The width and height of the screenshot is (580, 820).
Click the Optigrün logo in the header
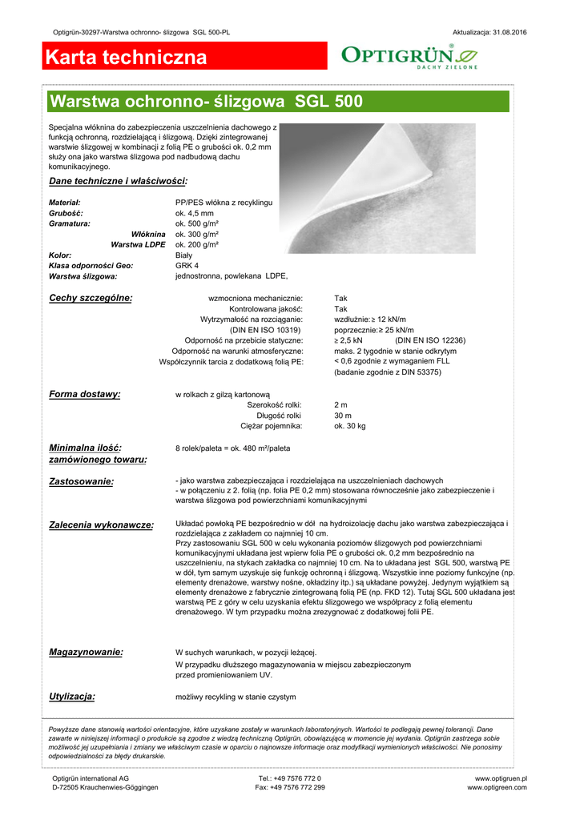click(x=409, y=55)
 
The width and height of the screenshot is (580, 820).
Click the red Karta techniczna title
click(x=127, y=58)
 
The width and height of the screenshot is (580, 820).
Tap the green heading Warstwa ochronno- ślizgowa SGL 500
click(x=206, y=102)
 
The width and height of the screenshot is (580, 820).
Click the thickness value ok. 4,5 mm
click(x=195, y=214)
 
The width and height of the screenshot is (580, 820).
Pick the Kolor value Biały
click(x=183, y=255)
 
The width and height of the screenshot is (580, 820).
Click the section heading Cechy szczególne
click(x=91, y=298)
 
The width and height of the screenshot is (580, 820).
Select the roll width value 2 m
click(x=341, y=405)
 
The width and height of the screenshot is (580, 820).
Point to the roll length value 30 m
click(x=343, y=416)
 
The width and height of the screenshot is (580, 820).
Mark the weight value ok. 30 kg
click(x=350, y=426)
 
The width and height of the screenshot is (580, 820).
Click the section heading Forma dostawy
click(x=85, y=394)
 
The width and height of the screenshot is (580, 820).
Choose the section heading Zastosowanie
click(x=82, y=481)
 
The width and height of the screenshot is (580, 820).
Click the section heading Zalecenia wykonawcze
click(x=102, y=525)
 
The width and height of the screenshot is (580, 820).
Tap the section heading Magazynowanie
click(x=87, y=652)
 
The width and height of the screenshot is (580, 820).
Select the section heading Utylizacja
click(x=72, y=696)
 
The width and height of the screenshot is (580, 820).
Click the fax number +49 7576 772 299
click(x=290, y=787)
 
